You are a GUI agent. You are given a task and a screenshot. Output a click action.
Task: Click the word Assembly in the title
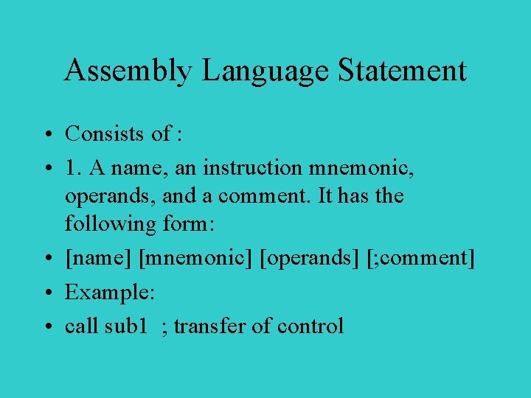point(128,71)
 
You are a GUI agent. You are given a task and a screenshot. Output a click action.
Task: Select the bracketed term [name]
point(99,259)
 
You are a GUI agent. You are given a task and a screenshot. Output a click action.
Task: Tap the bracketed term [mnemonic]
point(196,259)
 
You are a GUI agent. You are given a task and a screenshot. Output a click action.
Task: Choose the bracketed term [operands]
point(310,259)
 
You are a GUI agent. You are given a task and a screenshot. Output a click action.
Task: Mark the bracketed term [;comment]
point(420,259)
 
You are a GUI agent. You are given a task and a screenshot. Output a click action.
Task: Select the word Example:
point(109,292)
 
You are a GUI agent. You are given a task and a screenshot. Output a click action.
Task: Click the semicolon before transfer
point(164,327)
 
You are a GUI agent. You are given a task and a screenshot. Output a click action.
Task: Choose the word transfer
point(210,325)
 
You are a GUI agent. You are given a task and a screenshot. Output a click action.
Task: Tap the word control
point(310,325)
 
